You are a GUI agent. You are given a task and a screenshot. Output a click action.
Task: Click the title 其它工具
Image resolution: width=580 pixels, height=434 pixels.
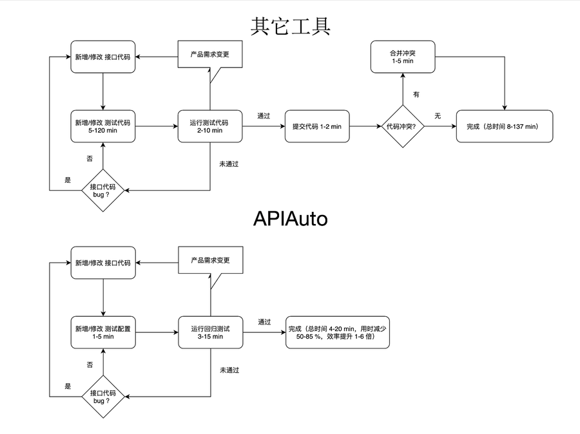coord(290,26)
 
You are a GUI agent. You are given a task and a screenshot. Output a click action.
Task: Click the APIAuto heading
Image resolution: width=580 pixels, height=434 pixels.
coord(290,219)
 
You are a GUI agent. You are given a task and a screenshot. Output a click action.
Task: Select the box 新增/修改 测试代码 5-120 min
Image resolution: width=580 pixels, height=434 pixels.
coord(103,126)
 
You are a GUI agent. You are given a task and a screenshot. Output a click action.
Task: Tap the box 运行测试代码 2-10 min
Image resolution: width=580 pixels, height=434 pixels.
coord(210,126)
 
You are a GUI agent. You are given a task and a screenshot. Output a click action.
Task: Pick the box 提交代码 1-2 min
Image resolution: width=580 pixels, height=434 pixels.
coord(317,126)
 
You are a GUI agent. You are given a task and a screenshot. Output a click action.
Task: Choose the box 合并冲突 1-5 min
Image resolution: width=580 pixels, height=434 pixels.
coord(403,56)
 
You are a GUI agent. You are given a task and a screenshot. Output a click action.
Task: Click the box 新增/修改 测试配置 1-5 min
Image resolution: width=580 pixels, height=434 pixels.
coord(103,332)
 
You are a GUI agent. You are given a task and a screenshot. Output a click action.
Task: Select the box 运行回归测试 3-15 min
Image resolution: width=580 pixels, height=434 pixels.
coord(210,332)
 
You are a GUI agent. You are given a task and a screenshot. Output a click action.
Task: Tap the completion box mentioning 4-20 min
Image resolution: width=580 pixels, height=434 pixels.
coord(338,332)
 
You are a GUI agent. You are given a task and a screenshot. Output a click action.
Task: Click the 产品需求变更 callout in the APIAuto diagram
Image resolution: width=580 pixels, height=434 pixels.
coord(210,261)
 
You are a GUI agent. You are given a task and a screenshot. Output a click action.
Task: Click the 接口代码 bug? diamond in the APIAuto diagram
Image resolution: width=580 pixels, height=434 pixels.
coord(103,396)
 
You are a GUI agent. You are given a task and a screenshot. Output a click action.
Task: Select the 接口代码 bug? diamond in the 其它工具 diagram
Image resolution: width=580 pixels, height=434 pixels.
coord(103,191)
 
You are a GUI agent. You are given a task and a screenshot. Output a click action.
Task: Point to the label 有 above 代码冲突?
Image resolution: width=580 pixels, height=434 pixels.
coord(416,95)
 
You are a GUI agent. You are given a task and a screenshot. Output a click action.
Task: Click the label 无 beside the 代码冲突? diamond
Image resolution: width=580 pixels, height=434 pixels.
coord(438,116)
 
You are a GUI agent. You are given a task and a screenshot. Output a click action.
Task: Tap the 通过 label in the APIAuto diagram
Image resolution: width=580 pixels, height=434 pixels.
coord(264,321)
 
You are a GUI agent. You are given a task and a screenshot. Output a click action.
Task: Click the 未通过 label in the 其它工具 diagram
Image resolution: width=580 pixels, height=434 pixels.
coord(229,164)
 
